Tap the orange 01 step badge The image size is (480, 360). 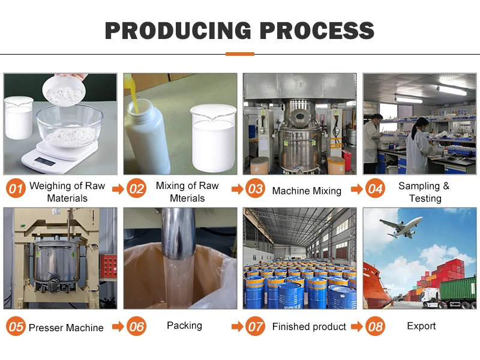16,190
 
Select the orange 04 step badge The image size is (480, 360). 375,190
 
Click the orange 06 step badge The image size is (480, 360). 137,326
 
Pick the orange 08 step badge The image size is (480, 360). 375,326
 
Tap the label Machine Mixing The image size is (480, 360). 307,191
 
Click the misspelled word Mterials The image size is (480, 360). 187,198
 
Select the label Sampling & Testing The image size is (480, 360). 425,192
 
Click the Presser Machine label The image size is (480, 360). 66,328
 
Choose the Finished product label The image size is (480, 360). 309,327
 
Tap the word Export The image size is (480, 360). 421,326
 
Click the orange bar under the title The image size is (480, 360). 239,54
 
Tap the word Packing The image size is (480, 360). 184,325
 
